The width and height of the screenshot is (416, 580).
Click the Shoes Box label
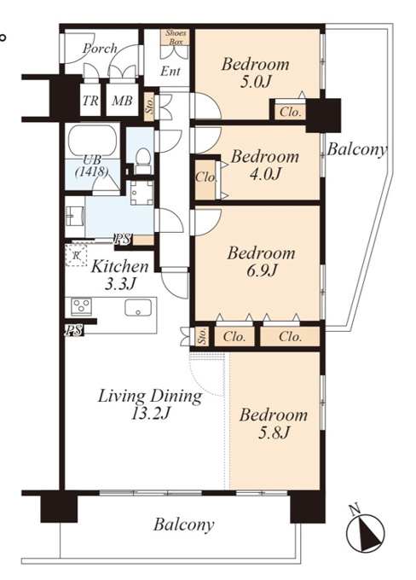[176, 38]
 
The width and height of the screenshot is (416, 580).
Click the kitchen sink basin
[138, 308]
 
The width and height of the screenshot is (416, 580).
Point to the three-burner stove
[81, 307]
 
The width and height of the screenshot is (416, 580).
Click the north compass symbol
[366, 531]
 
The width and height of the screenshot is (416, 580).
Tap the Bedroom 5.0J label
[255, 72]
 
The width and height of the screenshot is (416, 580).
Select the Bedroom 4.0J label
[265, 165]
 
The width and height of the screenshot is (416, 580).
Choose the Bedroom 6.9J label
[261, 262]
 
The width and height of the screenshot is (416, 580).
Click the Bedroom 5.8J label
[274, 423]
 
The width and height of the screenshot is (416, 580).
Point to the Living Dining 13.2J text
[150, 404]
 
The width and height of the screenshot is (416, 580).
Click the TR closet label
[90, 101]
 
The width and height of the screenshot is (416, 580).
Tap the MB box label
[122, 101]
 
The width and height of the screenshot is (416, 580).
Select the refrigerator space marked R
[76, 255]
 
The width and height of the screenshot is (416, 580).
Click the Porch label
[100, 49]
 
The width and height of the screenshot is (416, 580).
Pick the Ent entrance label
[170, 72]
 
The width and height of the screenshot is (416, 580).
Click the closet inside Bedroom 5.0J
[291, 112]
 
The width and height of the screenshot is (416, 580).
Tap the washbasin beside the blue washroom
[74, 216]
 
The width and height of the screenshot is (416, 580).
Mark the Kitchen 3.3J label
[119, 275]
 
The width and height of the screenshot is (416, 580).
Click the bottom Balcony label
[184, 525]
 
